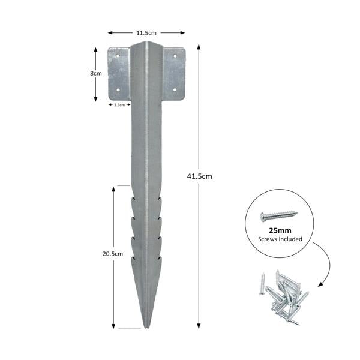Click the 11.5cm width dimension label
click(146, 33)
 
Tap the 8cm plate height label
click(96, 73)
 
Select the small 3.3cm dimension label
click(119, 104)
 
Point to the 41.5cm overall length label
click(200, 176)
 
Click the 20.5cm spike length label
click(113, 253)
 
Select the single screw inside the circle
click(279, 215)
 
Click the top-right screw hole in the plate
click(175, 56)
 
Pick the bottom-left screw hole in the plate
click(119, 91)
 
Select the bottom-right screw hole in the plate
click(175, 91)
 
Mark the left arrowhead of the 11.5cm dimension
click(110, 33)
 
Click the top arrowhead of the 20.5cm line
click(113, 188)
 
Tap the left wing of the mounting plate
click(119, 73)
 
